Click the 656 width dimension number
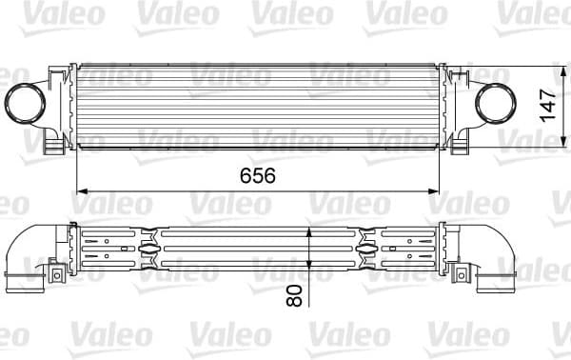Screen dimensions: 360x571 coord(257,175)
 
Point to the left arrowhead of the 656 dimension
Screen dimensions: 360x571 coord(80,190)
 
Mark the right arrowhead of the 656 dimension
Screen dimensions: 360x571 coord(436,190)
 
